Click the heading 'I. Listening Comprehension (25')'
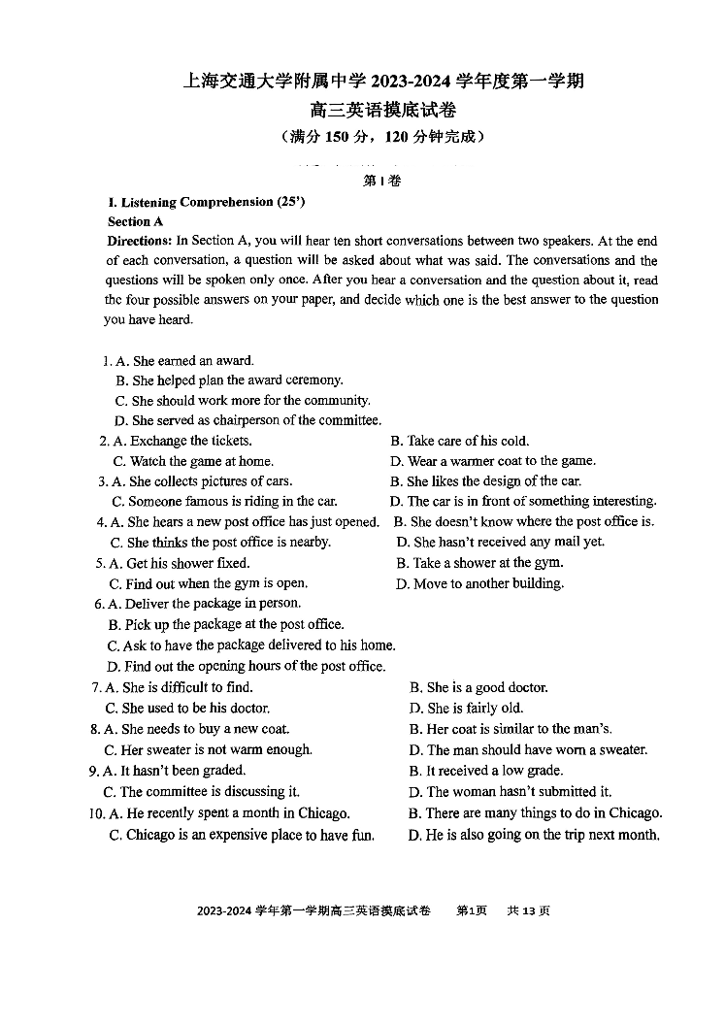point(206,202)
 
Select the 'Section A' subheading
point(135,221)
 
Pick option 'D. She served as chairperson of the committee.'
point(247,420)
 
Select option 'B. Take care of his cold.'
point(459,441)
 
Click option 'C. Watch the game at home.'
point(193,461)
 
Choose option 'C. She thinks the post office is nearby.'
point(220,543)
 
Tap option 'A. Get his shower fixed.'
point(179,563)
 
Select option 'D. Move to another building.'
point(479,583)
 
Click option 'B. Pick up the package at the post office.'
point(226,624)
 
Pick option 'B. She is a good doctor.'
point(478,687)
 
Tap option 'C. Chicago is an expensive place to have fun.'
point(242,835)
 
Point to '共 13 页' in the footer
point(528,910)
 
